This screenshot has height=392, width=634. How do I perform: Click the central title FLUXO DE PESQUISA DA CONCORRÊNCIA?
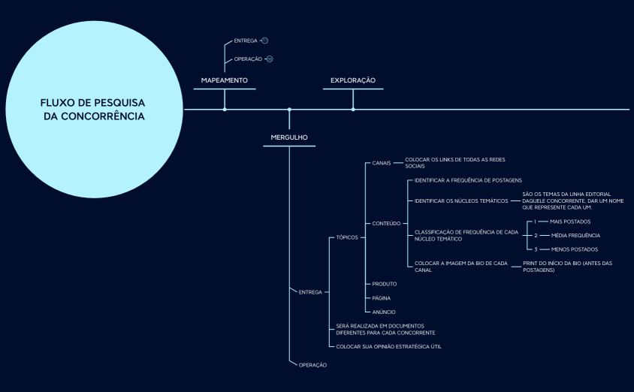pos(93,109)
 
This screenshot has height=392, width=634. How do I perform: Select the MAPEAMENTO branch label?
pos(224,80)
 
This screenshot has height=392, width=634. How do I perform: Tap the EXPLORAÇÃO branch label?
pos(352,80)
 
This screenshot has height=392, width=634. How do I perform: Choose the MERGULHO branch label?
pos(289,137)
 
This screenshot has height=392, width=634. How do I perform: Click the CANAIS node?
pos(381,162)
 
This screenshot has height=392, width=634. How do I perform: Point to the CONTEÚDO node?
pos(386,223)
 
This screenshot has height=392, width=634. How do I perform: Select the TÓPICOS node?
pos(347,237)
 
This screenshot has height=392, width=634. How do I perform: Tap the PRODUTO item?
pos(385,284)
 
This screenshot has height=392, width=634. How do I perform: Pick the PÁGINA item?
pos(382,298)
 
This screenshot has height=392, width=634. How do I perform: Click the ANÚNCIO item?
pos(384,312)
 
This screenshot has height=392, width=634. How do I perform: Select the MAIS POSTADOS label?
pos(570,222)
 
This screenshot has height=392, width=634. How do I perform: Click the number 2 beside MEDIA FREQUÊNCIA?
pos(536,236)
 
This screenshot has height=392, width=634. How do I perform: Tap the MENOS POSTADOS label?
pos(574,249)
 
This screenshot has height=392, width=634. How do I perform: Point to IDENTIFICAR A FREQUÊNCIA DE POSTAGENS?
pos(468,181)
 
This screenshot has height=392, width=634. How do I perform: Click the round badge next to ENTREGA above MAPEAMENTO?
pos(264,41)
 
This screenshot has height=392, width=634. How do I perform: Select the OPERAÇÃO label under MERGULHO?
pos(312,365)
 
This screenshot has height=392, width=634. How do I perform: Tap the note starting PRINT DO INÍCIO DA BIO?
pos(567,267)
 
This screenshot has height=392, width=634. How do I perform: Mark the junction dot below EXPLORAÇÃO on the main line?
pos(353,110)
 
